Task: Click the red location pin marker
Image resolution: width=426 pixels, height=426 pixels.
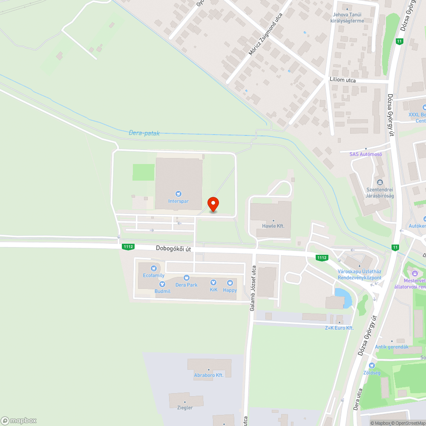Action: pyautogui.click(x=213, y=204)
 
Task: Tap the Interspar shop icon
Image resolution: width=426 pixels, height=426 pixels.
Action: pyautogui.click(x=178, y=194)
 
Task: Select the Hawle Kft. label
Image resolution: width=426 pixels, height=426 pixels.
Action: pyautogui.click(x=273, y=226)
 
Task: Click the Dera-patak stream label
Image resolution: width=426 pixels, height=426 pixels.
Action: pyautogui.click(x=144, y=133)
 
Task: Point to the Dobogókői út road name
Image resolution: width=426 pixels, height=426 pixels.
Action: pyautogui.click(x=173, y=248)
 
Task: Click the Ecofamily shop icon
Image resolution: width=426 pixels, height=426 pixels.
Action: pyautogui.click(x=153, y=268)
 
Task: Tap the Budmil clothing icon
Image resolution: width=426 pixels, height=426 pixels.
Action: pyautogui.click(x=162, y=284)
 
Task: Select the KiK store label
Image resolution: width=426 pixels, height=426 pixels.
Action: pyautogui.click(x=213, y=290)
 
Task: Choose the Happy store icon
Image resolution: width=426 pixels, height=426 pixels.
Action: pyautogui.click(x=230, y=283)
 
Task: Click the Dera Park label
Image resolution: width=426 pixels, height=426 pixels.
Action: pyautogui.click(x=187, y=285)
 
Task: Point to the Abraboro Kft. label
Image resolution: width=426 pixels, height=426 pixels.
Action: pyautogui.click(x=209, y=375)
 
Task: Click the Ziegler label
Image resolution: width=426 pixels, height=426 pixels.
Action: pyautogui.click(x=184, y=408)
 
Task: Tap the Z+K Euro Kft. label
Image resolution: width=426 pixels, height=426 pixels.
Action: pyautogui.click(x=340, y=328)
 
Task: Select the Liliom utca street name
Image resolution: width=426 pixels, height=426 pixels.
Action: pyautogui.click(x=343, y=80)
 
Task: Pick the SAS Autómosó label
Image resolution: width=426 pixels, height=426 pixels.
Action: pyautogui.click(x=366, y=154)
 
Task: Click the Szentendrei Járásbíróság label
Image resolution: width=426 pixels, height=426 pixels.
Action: pyautogui.click(x=380, y=193)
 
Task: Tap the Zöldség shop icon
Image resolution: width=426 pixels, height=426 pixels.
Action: pyautogui.click(x=371, y=366)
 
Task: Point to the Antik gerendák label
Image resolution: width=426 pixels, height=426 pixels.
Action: pyautogui.click(x=391, y=347)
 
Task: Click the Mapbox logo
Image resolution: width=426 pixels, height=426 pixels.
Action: pyautogui.click(x=18, y=420)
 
